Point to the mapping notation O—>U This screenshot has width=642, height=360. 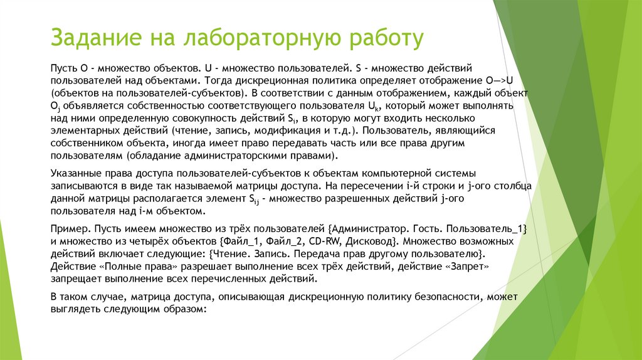point(500,81)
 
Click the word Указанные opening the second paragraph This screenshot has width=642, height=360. point(76,173)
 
